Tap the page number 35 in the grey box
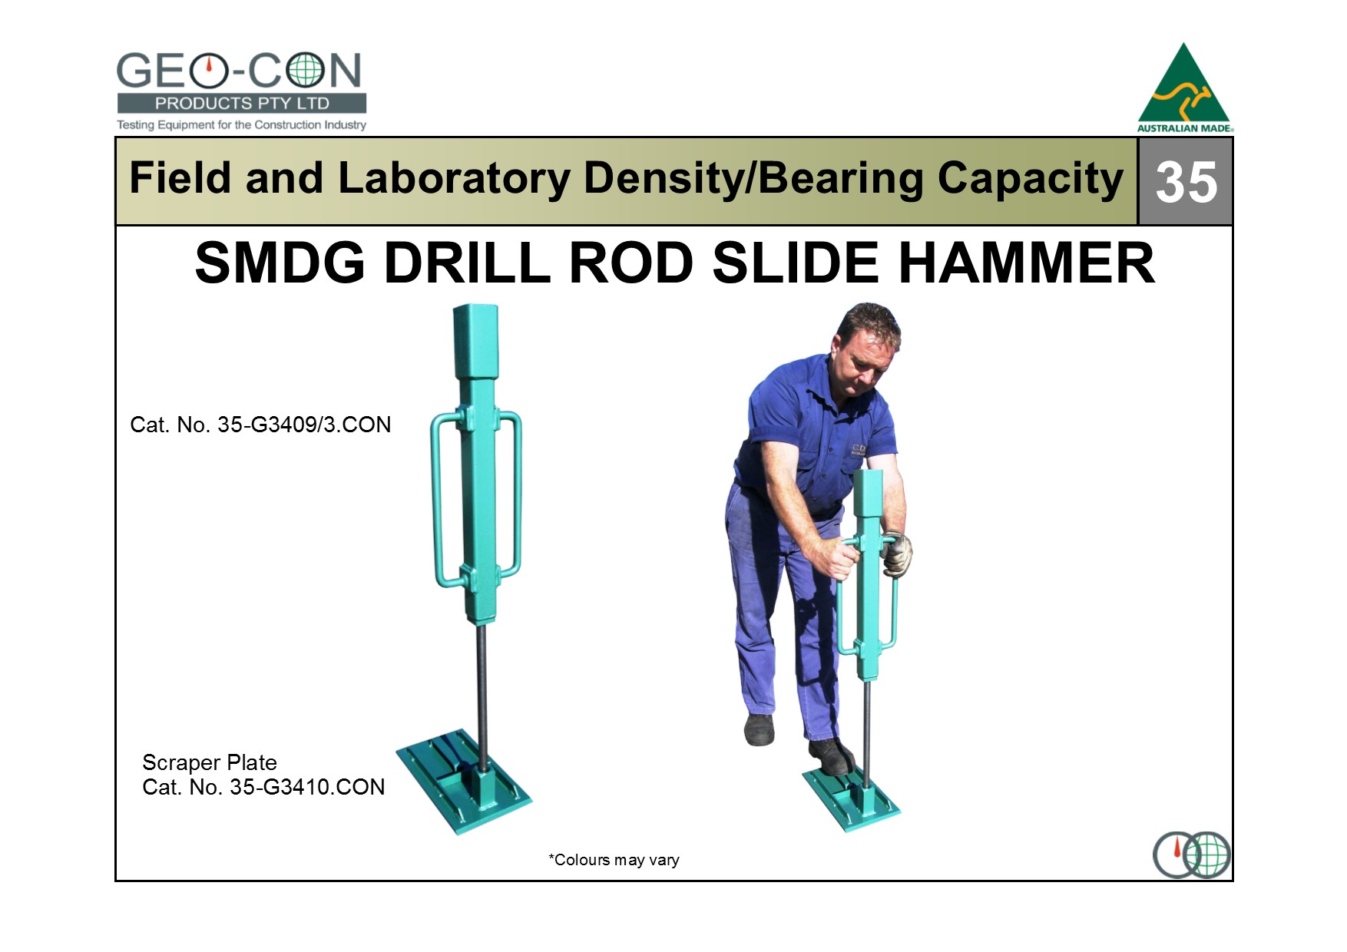point(1186,182)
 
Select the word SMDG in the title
point(280,263)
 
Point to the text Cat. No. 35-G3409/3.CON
point(260,425)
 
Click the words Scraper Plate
point(210,762)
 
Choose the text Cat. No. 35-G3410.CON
point(263,787)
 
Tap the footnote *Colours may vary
point(614,860)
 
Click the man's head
point(868,345)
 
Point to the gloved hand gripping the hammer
point(897,552)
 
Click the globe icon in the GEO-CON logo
point(305,71)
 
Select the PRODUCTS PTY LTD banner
point(242,104)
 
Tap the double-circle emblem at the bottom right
point(1192,854)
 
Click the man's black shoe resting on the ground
point(760,729)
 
